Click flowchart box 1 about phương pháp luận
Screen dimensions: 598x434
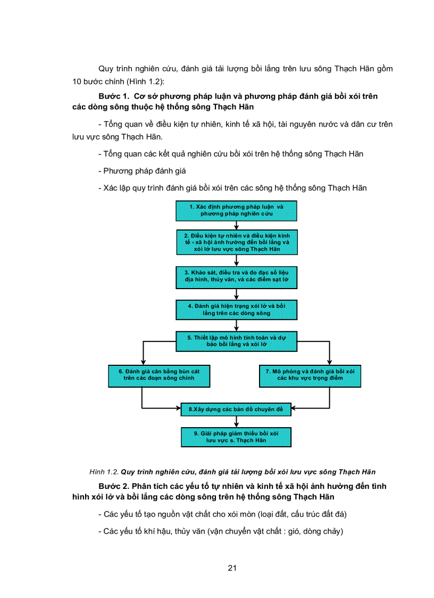pyautogui.click(x=236, y=210)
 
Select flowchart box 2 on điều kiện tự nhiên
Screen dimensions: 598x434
pyautogui.click(x=236, y=242)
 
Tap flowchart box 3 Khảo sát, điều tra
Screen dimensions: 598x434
pyautogui.click(x=236, y=276)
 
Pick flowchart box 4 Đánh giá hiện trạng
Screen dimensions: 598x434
pyautogui.click(x=236, y=310)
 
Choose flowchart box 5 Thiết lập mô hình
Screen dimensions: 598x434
pyautogui.click(x=236, y=341)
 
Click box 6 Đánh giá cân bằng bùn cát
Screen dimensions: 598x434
pyautogui.click(x=158, y=375)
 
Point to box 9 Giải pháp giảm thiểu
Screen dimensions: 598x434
pyautogui.click(x=236, y=437)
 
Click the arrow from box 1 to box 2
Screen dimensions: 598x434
pyautogui.click(x=236, y=225)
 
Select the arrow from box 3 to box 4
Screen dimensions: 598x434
pyautogui.click(x=236, y=293)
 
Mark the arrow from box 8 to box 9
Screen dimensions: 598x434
pyautogui.click(x=236, y=422)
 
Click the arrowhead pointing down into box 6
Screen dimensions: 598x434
pyautogui.click(x=143, y=362)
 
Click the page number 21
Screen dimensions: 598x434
pyautogui.click(x=232, y=568)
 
